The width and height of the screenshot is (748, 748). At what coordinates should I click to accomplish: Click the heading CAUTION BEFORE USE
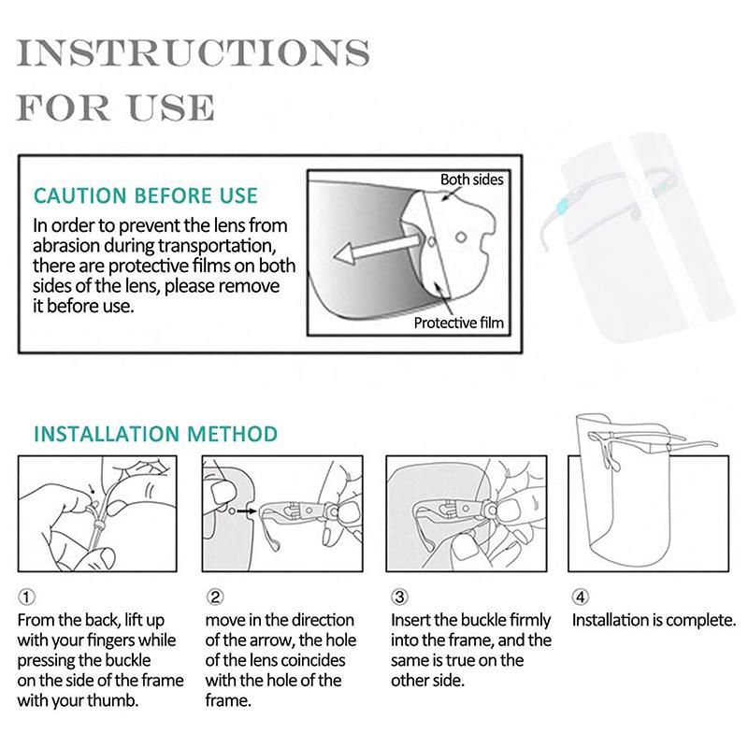pos(145,196)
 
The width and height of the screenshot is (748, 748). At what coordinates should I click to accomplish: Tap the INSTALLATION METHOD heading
pos(155,434)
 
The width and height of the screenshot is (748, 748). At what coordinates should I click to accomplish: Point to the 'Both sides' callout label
pos(471,179)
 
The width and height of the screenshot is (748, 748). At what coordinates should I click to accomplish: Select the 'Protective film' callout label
pos(459,324)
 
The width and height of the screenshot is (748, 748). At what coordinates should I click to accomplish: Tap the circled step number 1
pos(27,597)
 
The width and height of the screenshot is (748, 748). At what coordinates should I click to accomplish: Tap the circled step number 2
pos(214,597)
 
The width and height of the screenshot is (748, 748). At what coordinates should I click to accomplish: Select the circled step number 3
pos(399,597)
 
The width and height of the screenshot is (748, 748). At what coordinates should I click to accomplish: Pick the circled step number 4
pos(581,597)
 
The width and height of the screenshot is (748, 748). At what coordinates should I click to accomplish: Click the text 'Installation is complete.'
pos(654,620)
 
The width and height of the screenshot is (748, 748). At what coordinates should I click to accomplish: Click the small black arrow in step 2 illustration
pos(245,511)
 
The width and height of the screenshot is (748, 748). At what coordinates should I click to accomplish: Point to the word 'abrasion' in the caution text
pos(65,246)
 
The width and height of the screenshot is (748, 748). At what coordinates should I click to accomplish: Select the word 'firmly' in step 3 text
pos(528,620)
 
